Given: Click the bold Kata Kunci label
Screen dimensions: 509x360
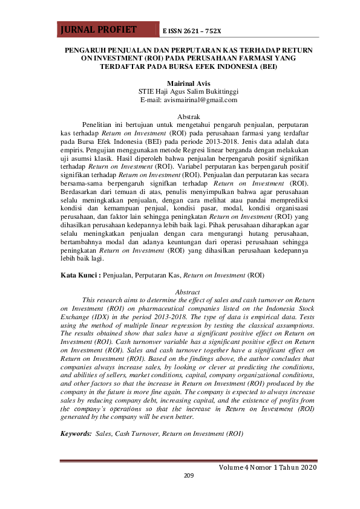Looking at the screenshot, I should [81, 275].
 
